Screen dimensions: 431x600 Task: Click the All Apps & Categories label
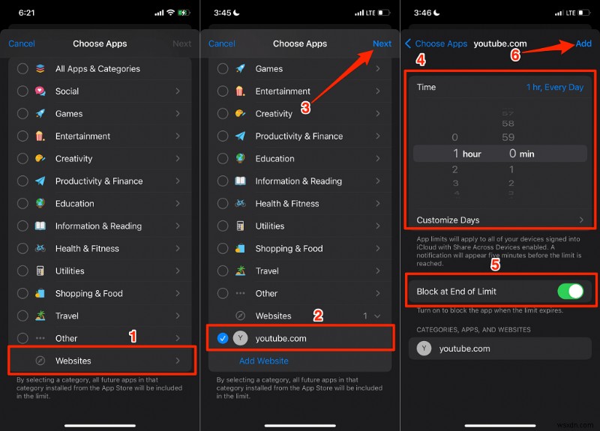(97, 69)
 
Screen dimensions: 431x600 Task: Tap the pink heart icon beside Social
(40, 91)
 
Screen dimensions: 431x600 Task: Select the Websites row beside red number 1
(102, 361)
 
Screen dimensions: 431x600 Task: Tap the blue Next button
(382, 43)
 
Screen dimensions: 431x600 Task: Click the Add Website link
(263, 361)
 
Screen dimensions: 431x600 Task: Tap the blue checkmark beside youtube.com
(223, 338)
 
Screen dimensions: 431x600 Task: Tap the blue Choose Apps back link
(436, 43)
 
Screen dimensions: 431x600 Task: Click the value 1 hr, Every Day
(554, 87)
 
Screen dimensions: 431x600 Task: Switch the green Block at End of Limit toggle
(571, 291)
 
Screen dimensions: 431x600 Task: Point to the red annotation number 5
(495, 264)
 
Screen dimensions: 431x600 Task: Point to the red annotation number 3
(305, 108)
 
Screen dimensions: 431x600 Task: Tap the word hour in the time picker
(472, 154)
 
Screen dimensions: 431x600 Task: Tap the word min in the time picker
(526, 154)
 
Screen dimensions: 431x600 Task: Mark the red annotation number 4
(421, 59)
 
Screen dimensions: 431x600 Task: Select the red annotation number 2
(318, 316)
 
